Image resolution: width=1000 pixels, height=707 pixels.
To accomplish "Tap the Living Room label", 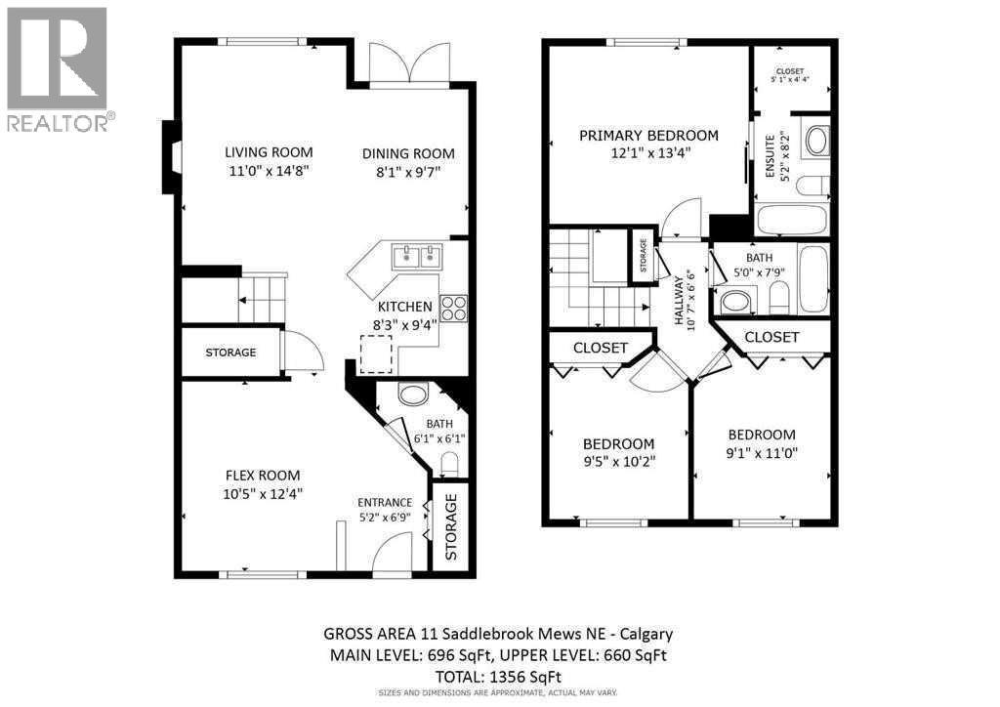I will [x=269, y=151].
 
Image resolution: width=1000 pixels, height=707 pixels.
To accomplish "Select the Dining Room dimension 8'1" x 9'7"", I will [x=408, y=173].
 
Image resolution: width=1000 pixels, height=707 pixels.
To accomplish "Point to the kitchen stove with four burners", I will [x=453, y=309].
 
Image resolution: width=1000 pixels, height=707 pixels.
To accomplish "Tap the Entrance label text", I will [x=384, y=503].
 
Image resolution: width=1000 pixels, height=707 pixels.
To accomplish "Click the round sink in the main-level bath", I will [x=415, y=395].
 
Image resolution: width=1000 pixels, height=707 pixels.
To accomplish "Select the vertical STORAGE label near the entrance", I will [x=451, y=527].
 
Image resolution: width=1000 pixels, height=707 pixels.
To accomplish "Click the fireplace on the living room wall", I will [x=170, y=156].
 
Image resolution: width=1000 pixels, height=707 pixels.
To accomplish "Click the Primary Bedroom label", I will [x=648, y=136].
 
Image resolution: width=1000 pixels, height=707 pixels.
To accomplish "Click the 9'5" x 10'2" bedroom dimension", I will [x=620, y=461].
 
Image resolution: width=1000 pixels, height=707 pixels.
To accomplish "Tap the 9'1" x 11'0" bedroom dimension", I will [x=761, y=452].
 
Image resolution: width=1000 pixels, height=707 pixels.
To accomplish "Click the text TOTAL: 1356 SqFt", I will [x=498, y=676].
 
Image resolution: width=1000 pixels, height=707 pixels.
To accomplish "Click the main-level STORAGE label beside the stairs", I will [x=230, y=353].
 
